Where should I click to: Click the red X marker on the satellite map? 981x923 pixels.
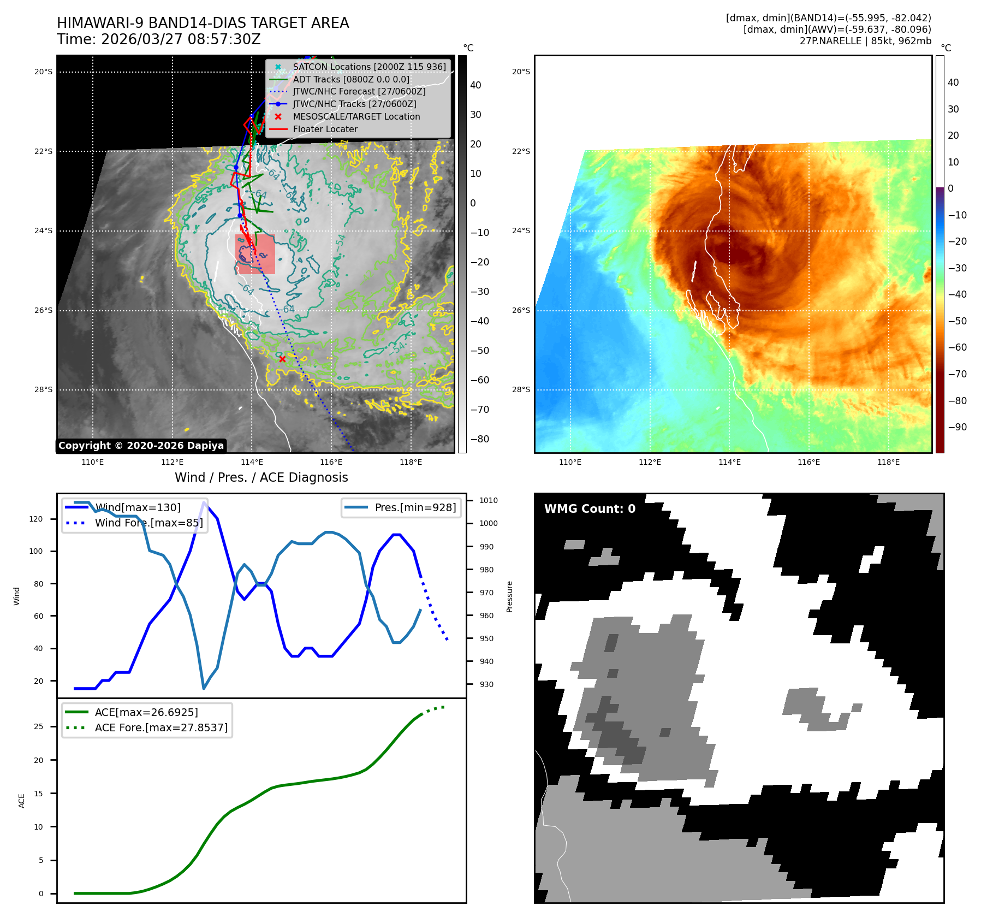coord(282,359)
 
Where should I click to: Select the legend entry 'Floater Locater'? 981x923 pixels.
coord(325,129)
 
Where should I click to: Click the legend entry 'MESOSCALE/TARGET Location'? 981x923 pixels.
coord(356,117)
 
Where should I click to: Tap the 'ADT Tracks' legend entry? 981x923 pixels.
coord(350,80)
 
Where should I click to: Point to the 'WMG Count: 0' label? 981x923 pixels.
coord(590,509)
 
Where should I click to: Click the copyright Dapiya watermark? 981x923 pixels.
coord(141,446)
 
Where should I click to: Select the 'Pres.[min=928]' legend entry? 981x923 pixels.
coord(415,507)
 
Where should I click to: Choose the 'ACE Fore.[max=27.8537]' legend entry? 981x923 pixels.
coord(161,727)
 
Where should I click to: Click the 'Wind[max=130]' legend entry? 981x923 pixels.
coord(137,507)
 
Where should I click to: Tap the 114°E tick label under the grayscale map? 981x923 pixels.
coord(252,463)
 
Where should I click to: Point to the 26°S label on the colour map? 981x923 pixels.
coord(521,310)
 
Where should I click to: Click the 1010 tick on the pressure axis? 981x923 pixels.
coord(488,500)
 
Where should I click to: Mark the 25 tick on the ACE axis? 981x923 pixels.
coord(39,726)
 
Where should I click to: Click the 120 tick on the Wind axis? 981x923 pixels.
coord(36,519)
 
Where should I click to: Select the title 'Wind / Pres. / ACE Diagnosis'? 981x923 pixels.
coord(261,477)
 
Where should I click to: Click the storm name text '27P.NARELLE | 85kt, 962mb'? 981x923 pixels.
coord(865,41)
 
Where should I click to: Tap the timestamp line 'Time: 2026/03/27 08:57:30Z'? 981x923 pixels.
coord(159,40)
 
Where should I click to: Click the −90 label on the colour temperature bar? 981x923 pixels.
coord(957,427)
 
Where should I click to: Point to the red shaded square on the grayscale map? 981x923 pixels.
coord(255,255)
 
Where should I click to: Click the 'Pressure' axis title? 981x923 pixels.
coord(509,596)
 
